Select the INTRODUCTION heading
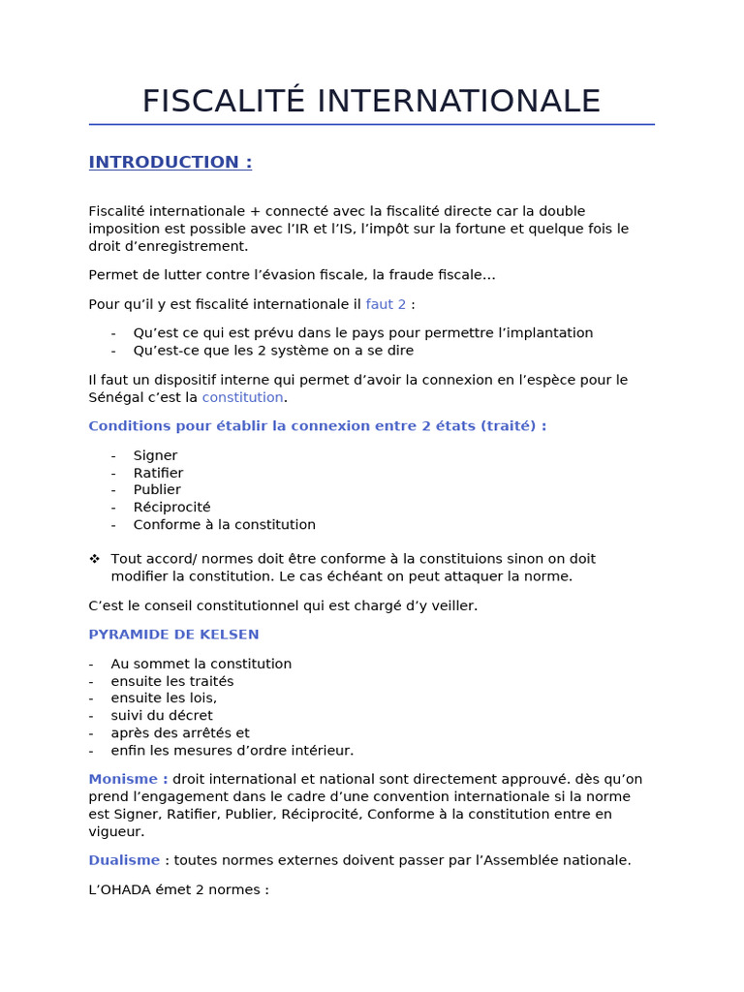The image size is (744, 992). pos(170,163)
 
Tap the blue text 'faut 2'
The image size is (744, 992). pos(386,304)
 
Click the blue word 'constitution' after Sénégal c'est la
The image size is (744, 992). pos(242,397)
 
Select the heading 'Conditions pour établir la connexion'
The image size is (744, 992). pos(317,426)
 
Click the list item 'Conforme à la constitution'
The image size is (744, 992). pos(224,525)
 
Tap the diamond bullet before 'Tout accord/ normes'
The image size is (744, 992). pos(94,559)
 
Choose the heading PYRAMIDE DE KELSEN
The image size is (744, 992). pos(173,635)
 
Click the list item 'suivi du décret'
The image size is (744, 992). pos(161,716)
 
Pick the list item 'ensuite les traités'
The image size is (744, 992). pos(171,681)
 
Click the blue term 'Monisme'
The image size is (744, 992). pos(128,779)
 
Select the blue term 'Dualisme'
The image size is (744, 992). pos(123,860)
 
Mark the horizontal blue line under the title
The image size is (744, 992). pos(371,124)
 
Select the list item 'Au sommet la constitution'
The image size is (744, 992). pos(201,664)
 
